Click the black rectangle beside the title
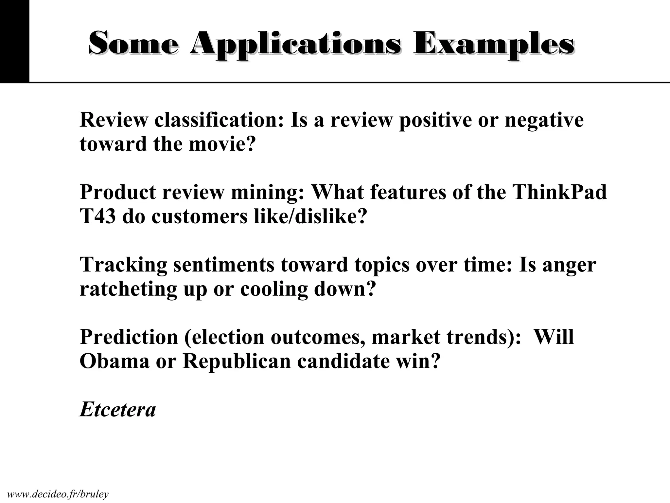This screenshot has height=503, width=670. pyautogui.click(x=14, y=41)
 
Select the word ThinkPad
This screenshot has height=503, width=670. pyautogui.click(x=559, y=192)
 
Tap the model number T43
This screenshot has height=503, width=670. pyautogui.click(x=97, y=216)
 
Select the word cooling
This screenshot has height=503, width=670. pyautogui.click(x=274, y=289)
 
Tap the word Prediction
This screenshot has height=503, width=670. pyautogui.click(x=129, y=337)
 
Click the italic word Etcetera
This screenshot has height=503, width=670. pyautogui.click(x=118, y=410)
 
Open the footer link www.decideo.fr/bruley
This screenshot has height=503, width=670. pyautogui.click(x=58, y=494)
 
